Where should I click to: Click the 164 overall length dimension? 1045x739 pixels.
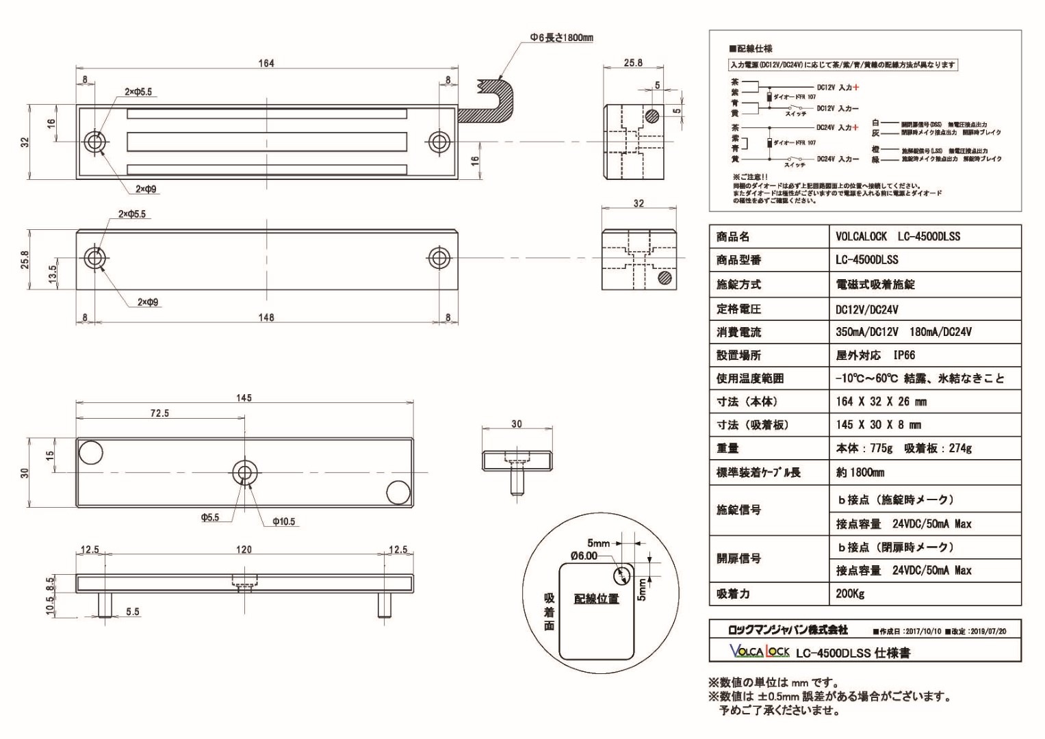coord(266,63)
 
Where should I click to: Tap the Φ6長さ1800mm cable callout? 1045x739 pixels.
coord(561,38)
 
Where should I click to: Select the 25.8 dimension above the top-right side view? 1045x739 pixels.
coord(633,62)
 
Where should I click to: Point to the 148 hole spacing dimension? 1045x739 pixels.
coord(266,317)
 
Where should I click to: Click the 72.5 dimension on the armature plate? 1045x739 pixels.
coord(159,413)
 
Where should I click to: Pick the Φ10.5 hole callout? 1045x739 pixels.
coord(283,521)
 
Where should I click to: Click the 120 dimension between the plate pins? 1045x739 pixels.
coord(244,549)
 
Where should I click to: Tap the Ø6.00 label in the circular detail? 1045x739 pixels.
coord(584,556)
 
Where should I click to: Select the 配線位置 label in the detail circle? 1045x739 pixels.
coord(596,599)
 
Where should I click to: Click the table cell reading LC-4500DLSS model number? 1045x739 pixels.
coord(866,260)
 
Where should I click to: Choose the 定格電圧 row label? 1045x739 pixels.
coord(738,309)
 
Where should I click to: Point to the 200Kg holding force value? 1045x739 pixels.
coord(850,593)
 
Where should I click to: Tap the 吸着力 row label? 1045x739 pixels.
coord(733,593)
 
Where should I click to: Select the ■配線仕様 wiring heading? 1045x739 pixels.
coord(751,49)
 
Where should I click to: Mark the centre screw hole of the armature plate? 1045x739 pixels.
coord(244,472)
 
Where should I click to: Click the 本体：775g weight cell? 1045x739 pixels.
coord(864,448)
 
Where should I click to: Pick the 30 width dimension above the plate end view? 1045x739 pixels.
coord(517,424)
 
